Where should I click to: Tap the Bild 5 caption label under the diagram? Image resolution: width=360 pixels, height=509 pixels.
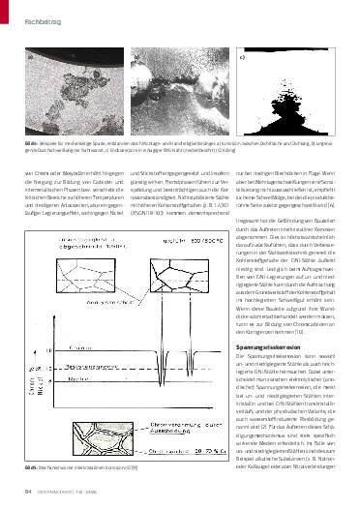click(30, 469)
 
